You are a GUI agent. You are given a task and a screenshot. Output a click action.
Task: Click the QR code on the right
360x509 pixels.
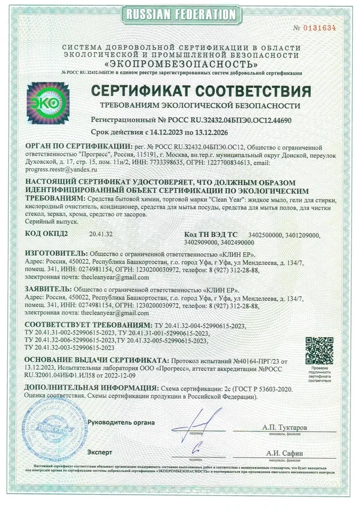(319, 349)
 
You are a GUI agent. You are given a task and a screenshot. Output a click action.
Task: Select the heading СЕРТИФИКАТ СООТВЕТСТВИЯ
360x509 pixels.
(200, 92)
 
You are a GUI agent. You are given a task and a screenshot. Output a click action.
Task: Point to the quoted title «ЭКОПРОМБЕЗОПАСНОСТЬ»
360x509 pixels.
(180, 63)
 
